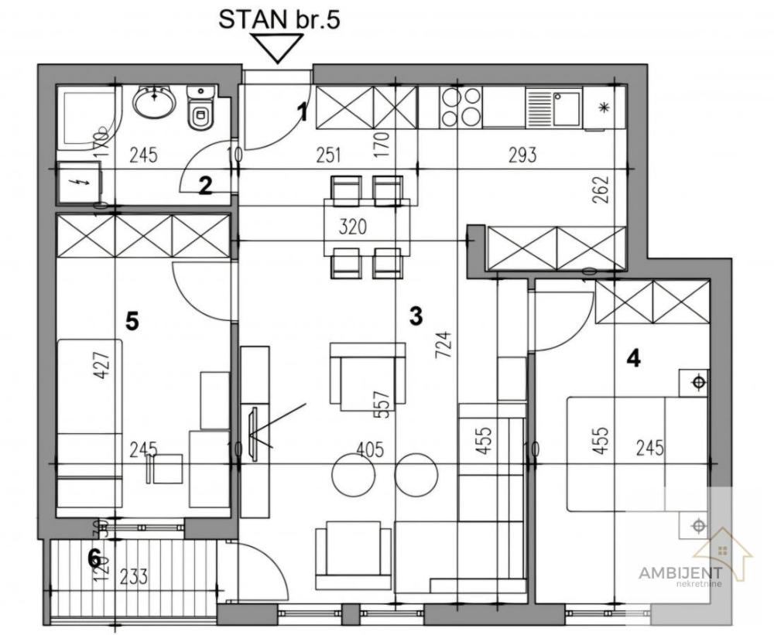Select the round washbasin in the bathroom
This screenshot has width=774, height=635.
point(156,101)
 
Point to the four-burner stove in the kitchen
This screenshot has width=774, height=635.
point(461,108)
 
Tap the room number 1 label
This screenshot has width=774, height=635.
point(303,113)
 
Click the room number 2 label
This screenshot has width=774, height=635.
point(205,186)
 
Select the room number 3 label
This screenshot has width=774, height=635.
point(416,316)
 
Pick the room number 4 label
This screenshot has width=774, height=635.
point(633,359)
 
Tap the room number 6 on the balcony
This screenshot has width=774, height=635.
point(94,557)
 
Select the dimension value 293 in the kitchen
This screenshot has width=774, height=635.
point(522,155)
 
